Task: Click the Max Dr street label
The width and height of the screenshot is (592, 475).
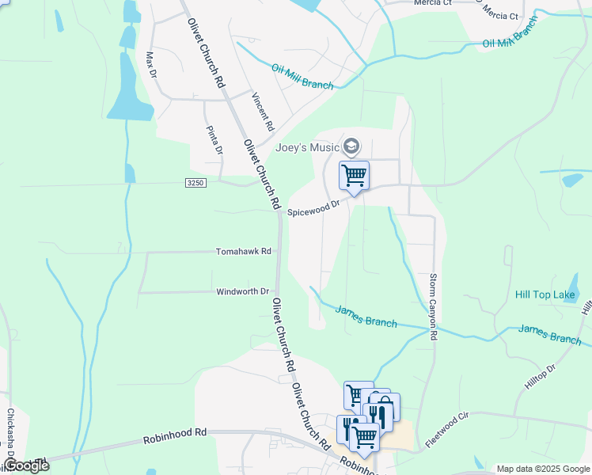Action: point(150,65)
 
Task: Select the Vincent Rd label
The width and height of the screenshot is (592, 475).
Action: point(263,112)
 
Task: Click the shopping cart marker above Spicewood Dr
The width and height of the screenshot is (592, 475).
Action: point(354,176)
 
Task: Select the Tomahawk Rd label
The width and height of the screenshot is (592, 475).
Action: point(244,252)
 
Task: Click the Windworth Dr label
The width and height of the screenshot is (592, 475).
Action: point(244,292)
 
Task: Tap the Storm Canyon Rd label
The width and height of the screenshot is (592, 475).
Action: point(434,307)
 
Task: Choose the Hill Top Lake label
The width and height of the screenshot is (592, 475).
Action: point(545,295)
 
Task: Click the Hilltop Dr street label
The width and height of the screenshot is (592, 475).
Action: point(541,378)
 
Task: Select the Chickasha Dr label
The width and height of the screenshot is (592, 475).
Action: point(11,431)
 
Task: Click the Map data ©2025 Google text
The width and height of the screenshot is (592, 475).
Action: point(543,469)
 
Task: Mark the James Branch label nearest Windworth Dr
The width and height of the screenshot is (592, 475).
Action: point(366,316)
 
